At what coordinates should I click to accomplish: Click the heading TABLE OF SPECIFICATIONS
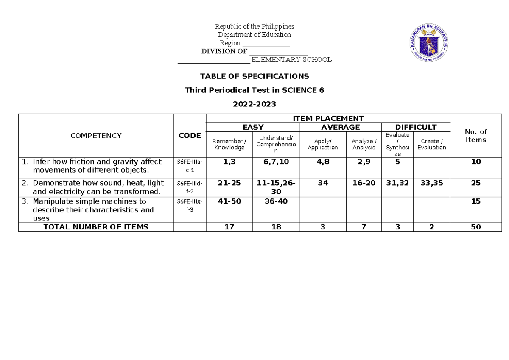pyautogui.click(x=255, y=76)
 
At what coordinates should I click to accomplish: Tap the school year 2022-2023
pyautogui.click(x=255, y=104)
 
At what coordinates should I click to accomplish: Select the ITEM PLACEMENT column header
pyautogui.click(x=327, y=118)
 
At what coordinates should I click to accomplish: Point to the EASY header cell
pyautogui.click(x=253, y=127)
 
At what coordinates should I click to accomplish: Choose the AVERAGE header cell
pyautogui.click(x=341, y=127)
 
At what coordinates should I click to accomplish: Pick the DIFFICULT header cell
pyautogui.click(x=416, y=127)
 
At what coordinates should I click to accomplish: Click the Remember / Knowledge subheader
pyautogui.click(x=229, y=144)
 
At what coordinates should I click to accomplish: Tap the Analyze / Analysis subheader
pyautogui.click(x=364, y=144)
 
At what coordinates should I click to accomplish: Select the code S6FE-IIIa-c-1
pyautogui.click(x=190, y=165)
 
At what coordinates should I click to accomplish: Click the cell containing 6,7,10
pyautogui.click(x=276, y=162)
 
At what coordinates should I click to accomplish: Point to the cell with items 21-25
pyautogui.click(x=229, y=183)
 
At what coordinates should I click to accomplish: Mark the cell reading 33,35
pyautogui.click(x=431, y=183)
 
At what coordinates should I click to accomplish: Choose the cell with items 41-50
pyautogui.click(x=229, y=201)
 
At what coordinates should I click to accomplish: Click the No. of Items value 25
pyautogui.click(x=475, y=183)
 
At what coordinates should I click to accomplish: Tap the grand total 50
pyautogui.click(x=475, y=227)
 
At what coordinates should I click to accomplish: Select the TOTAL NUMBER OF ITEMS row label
pyautogui.click(x=96, y=227)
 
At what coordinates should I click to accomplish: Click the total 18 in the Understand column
pyautogui.click(x=276, y=227)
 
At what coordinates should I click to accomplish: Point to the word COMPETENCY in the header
pyautogui.click(x=96, y=136)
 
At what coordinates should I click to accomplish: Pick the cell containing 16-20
pyautogui.click(x=364, y=183)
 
